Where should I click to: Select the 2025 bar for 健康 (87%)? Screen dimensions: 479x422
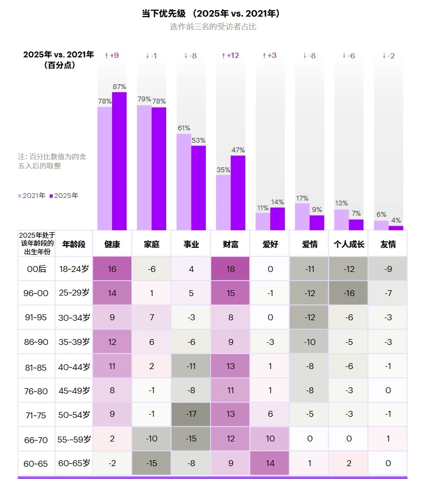(x=119, y=161)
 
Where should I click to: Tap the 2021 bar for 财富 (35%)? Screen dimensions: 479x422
(x=223, y=202)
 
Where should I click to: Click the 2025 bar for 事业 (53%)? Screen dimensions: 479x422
(x=198, y=188)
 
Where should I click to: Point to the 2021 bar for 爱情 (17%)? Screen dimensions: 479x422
(x=302, y=216)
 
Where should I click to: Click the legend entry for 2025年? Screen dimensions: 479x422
(x=64, y=196)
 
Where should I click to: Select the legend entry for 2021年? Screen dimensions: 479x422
(x=32, y=196)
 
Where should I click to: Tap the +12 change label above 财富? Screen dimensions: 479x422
(x=231, y=55)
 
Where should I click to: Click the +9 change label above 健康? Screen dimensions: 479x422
(x=112, y=55)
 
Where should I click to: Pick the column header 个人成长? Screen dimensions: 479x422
(x=349, y=244)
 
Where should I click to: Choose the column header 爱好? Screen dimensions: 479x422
(x=270, y=244)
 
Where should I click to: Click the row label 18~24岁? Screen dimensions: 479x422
(x=73, y=269)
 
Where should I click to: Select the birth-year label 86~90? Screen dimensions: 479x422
(x=36, y=342)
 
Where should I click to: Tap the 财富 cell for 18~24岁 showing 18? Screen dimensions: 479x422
(x=231, y=269)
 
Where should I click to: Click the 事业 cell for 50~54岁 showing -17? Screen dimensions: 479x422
(x=191, y=415)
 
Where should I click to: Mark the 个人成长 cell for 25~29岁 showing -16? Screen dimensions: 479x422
(x=349, y=293)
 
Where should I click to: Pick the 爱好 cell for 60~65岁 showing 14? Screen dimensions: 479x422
(x=270, y=463)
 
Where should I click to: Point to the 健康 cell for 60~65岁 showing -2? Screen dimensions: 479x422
(x=112, y=463)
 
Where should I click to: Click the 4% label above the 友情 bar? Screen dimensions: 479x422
(x=396, y=220)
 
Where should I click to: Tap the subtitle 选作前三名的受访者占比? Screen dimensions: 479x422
(x=213, y=27)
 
